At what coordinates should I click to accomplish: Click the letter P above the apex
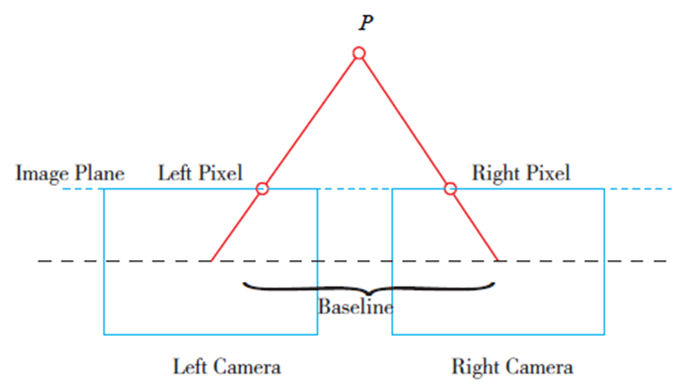pyautogui.click(x=366, y=23)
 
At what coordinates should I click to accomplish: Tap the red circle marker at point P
pyautogui.click(x=359, y=54)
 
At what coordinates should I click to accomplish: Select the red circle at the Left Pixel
pyautogui.click(x=262, y=188)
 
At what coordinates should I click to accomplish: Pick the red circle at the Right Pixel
pyautogui.click(x=450, y=188)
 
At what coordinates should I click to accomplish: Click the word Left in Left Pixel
pyautogui.click(x=173, y=173)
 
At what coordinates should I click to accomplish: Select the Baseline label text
pyautogui.click(x=355, y=307)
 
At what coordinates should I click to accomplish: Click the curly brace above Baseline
pyautogui.click(x=369, y=289)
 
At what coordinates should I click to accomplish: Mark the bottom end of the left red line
pyautogui.click(x=212, y=261)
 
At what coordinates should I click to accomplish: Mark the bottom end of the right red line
pyautogui.click(x=497, y=261)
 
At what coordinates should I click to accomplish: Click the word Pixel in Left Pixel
pyautogui.click(x=220, y=173)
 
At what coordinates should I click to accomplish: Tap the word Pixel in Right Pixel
pyautogui.click(x=546, y=173)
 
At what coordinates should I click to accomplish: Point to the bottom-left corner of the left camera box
pyautogui.click(x=105, y=333)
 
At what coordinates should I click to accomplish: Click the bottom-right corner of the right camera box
pyautogui.click(x=604, y=333)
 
